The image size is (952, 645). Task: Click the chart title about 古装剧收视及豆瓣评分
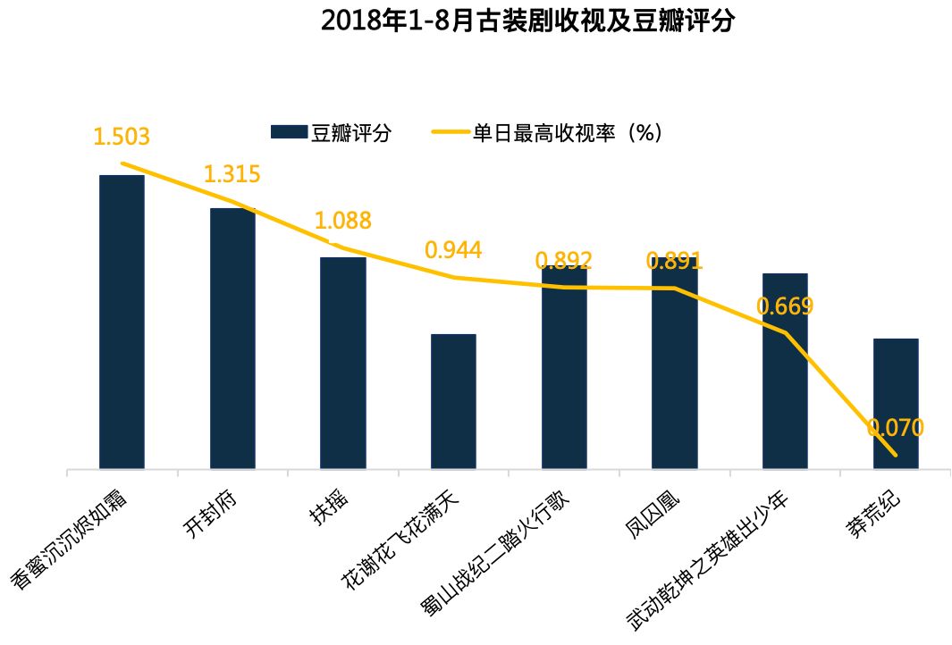527,21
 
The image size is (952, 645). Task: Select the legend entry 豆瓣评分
331,133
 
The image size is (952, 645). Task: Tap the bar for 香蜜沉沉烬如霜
122,322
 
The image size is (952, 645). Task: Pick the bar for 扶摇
343,363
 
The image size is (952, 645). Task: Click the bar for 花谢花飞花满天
453,401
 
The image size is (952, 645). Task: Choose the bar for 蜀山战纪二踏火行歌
564,366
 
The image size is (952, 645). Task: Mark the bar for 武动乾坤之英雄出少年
785,371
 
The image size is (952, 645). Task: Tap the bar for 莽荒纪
896,404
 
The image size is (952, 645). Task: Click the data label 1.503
122,137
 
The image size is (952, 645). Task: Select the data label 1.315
232,174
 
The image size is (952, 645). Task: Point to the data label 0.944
453,250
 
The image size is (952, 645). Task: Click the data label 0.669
785,306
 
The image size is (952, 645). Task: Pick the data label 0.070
896,428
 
